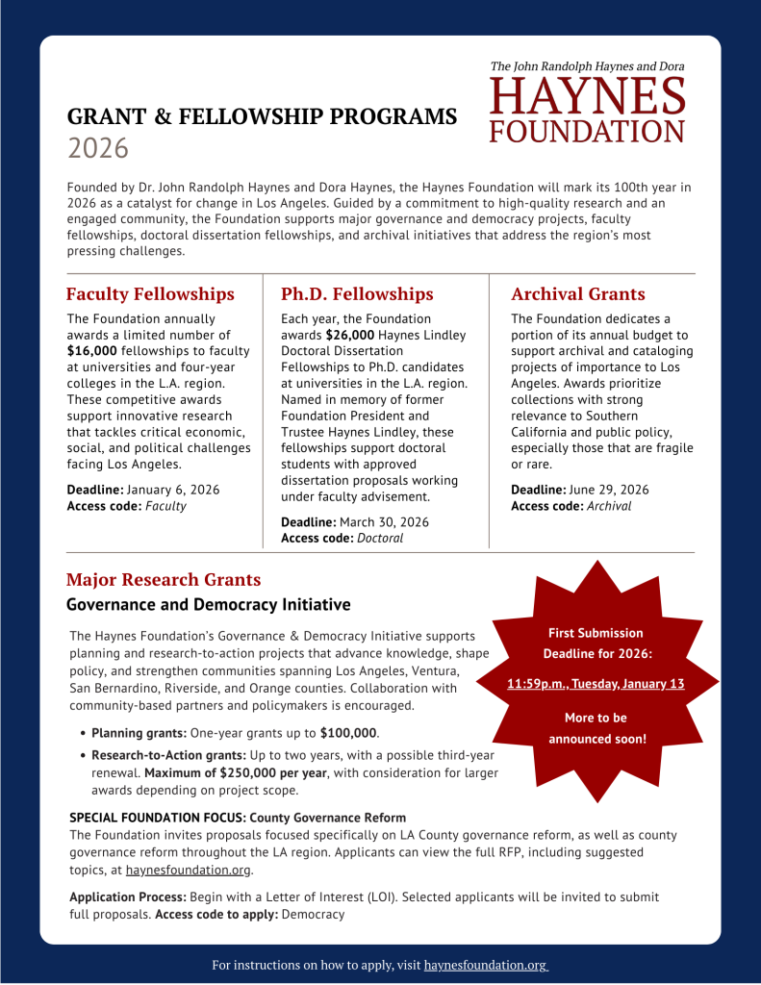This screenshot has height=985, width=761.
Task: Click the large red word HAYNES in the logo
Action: (x=588, y=97)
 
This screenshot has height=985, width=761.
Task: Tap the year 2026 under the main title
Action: (x=97, y=148)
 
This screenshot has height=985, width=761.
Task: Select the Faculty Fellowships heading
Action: (x=150, y=294)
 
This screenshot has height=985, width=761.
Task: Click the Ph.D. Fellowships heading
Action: (x=357, y=294)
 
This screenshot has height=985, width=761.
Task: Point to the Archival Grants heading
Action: (x=577, y=294)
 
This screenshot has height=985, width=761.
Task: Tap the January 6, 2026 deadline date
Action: (x=173, y=490)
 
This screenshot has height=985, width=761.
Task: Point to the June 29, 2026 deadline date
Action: (x=608, y=490)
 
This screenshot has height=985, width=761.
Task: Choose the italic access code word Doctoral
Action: (x=380, y=538)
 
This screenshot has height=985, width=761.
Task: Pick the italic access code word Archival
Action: (x=609, y=506)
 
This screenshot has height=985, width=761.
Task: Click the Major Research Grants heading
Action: (x=164, y=580)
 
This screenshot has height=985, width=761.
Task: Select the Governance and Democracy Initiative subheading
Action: (x=208, y=605)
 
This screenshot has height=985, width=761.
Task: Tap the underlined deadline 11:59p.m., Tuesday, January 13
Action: (x=596, y=684)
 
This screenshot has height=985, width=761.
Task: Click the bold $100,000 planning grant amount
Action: (x=349, y=733)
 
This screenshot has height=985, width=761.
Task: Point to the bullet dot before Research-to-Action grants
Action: (x=84, y=756)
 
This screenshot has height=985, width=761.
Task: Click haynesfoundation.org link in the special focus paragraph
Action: (x=188, y=871)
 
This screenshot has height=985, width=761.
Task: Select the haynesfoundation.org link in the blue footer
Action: (x=486, y=964)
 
